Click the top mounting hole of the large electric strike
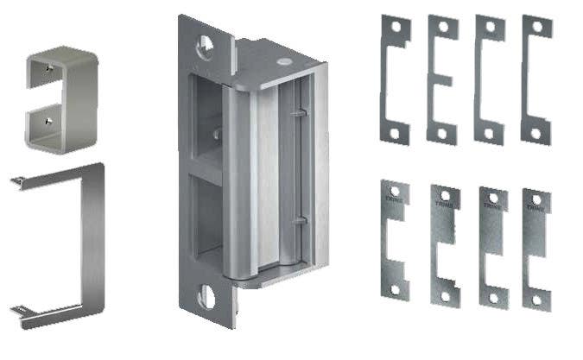206,42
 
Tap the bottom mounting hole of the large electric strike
207,297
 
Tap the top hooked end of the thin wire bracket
17,180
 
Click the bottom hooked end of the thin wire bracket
17,308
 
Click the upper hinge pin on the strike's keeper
299,113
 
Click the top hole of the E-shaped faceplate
443,27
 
